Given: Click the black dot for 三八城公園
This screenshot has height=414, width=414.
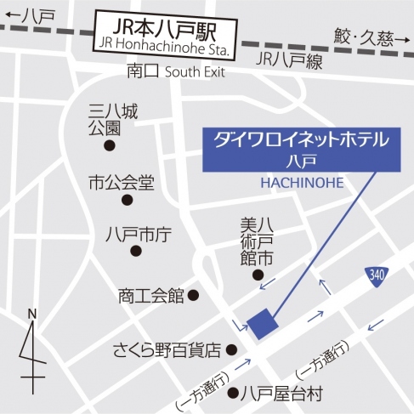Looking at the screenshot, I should pos(110,145).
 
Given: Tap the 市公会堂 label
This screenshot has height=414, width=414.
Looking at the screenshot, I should pos(121,182).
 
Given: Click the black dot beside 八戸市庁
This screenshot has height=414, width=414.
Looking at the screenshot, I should pos(135,250).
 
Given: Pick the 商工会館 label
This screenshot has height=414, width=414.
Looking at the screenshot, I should pos(151,297).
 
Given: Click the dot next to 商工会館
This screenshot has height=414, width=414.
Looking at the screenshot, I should pos(193,296).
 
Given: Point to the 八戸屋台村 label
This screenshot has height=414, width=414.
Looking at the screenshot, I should pos(281,394).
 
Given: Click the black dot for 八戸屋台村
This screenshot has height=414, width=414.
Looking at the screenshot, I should pos(232,393).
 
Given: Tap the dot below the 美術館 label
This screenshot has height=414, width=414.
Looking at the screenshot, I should pos(258,275).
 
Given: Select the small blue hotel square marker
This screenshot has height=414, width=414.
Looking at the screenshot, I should pos(263,323).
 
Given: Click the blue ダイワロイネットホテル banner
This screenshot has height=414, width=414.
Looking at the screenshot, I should pos(301,146).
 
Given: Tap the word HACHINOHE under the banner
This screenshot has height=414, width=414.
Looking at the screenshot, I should pos(301,182).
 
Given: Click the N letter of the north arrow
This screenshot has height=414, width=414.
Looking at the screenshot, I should pos(31,314).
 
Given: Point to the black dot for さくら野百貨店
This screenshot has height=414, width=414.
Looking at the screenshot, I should pos(231,349).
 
